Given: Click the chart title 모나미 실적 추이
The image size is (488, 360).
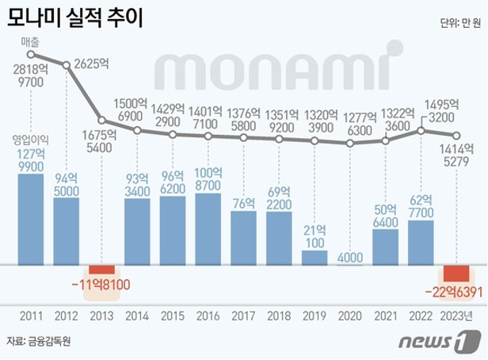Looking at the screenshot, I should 76,18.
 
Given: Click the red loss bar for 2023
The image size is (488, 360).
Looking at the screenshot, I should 456,273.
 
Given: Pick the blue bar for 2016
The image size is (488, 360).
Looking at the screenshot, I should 208,228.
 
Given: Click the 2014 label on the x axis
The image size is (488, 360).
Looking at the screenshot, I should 138,316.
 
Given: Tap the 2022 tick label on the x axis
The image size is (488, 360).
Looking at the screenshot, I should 421,316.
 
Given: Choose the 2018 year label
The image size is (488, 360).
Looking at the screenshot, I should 279,316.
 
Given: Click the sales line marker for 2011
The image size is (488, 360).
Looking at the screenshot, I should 31,55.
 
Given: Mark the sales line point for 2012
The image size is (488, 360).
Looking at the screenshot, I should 67,63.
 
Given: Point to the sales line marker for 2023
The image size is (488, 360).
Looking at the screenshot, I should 456,135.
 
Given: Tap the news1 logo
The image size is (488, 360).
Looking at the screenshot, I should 448,342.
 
